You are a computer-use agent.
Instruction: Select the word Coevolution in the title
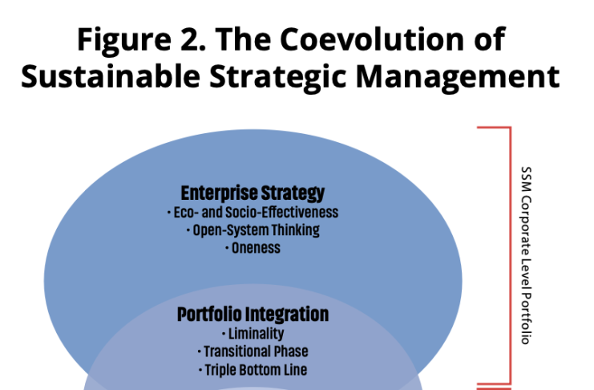(372, 39)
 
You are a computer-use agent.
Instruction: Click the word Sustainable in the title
(111, 76)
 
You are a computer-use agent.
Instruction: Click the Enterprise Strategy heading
(253, 193)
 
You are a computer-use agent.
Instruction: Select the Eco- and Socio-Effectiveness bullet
(253, 213)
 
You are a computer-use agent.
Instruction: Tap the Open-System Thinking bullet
(253, 230)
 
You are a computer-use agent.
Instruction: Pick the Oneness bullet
(253, 248)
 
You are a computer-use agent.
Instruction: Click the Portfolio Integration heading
(253, 315)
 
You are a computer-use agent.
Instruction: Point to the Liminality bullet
(253, 334)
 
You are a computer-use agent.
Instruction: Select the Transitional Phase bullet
(253, 351)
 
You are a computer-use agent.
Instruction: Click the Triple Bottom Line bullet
(253, 370)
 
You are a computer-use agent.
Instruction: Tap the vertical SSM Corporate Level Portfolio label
(526, 255)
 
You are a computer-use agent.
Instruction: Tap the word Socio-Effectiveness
(282, 213)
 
